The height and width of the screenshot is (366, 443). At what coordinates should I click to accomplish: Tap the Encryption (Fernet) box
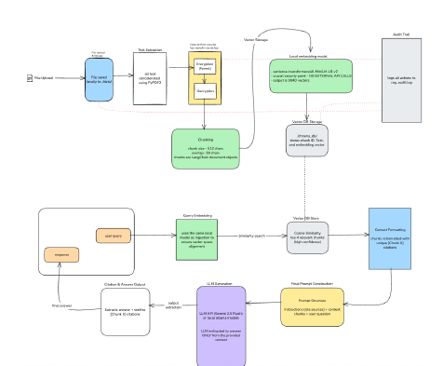click(x=206, y=65)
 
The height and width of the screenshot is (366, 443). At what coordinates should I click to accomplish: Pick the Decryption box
click(x=206, y=90)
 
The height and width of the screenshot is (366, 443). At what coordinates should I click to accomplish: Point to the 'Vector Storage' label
click(x=257, y=40)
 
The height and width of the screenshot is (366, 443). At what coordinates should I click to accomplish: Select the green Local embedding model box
click(x=312, y=75)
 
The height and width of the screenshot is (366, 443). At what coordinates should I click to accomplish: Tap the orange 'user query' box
click(x=114, y=236)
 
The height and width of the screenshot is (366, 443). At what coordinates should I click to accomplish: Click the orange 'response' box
click(x=61, y=253)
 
